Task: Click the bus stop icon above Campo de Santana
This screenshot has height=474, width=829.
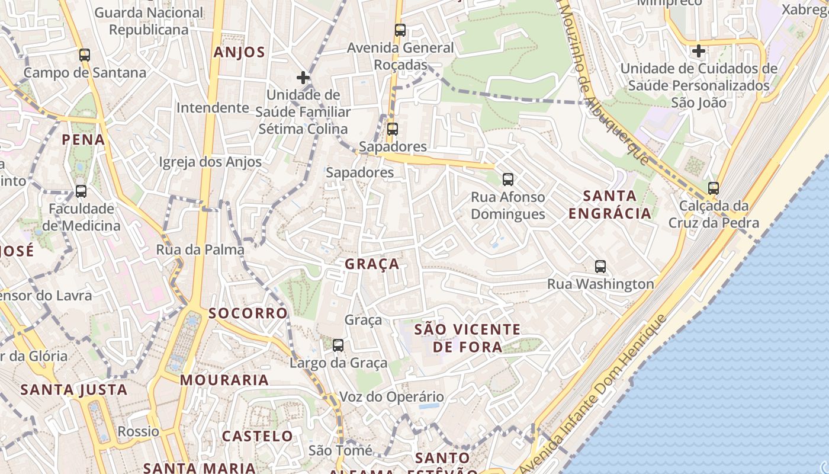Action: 85,55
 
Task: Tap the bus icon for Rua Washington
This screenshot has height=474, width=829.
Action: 600,267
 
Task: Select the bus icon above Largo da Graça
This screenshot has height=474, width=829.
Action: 338,345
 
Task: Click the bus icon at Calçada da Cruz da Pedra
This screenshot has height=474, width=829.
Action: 714,188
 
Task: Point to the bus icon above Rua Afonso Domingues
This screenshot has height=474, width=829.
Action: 507,180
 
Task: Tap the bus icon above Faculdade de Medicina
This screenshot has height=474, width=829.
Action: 81,191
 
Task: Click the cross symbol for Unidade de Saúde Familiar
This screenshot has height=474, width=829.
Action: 303,78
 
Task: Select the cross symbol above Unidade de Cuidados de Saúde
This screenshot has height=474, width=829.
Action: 699,51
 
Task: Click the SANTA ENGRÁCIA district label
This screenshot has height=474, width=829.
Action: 610,204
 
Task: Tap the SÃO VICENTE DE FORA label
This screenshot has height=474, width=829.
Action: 467,338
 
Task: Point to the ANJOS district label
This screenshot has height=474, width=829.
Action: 239,52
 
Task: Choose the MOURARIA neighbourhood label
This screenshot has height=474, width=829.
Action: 224,380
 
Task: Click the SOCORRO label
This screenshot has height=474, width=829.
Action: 248,313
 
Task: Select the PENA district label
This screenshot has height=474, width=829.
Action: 83,140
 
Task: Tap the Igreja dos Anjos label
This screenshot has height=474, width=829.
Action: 210,162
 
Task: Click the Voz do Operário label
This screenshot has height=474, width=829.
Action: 391,397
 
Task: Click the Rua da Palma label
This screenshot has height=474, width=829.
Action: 200,249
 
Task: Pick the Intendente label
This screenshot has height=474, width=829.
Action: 213,108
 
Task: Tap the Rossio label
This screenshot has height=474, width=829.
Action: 138,431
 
